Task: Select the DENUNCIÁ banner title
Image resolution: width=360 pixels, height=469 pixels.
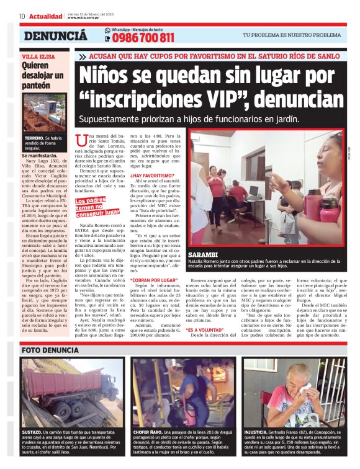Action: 55,36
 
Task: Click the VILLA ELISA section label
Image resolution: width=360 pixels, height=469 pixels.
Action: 37,55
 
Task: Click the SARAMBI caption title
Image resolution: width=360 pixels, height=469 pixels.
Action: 204,256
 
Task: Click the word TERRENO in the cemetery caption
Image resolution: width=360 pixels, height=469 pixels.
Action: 34,137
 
